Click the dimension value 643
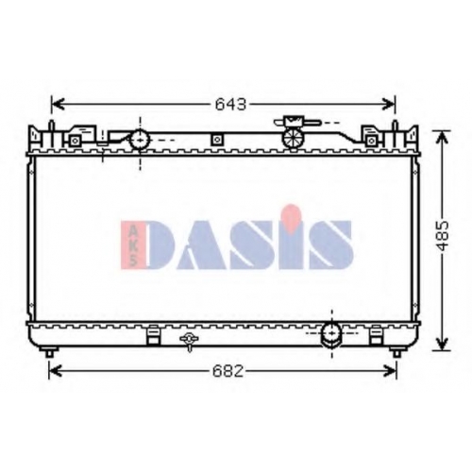pyautogui.click(x=230, y=105)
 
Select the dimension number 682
pyautogui.click(x=228, y=372)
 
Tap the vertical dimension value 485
pyautogui.click(x=443, y=236)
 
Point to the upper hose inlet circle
pyautogui.click(x=140, y=140)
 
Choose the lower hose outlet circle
pyautogui.click(x=331, y=333)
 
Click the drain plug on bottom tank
pyautogui.click(x=189, y=342)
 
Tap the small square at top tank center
pyautogui.click(x=217, y=140)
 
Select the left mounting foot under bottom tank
pyautogui.click(x=49, y=352)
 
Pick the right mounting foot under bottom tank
pyautogui.click(x=396, y=352)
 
